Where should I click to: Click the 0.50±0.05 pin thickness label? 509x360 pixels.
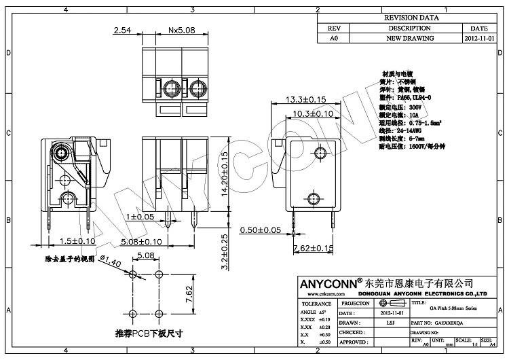tap(261, 231)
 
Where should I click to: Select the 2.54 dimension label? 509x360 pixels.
tap(122, 31)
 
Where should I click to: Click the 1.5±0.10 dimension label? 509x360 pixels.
tap(77, 241)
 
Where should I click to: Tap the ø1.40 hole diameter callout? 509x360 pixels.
tap(110, 262)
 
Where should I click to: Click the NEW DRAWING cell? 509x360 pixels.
tap(409, 39)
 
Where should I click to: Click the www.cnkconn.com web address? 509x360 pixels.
tap(316, 294)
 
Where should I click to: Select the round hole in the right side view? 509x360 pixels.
tap(313, 198)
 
